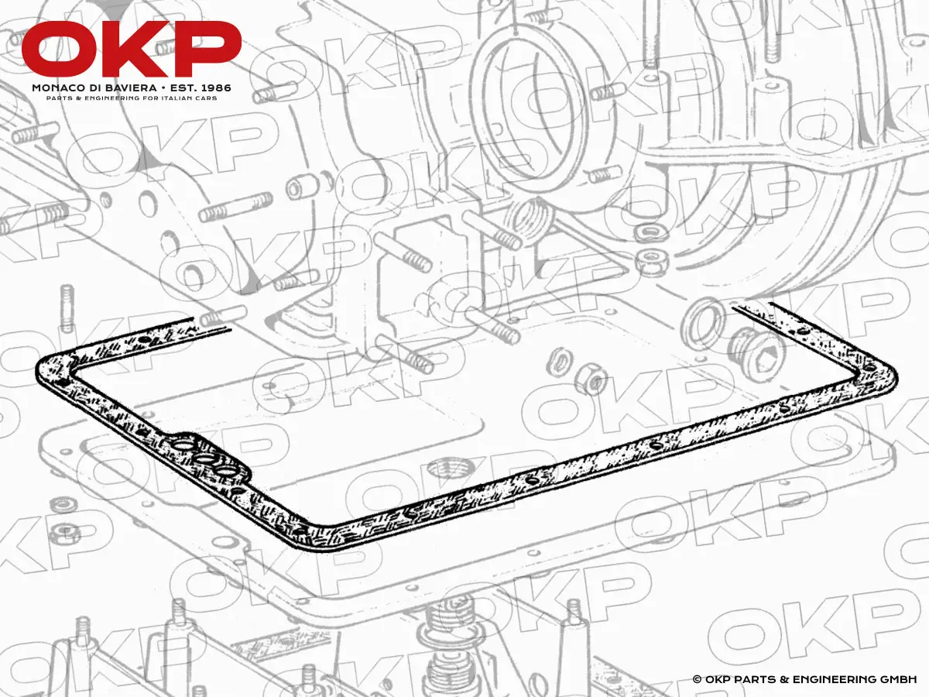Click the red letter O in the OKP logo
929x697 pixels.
click(60, 49)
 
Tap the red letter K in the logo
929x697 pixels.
click(135, 49)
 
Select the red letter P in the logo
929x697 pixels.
click(205, 49)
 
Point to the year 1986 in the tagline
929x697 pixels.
click(215, 88)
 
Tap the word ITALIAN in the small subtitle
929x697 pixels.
click(183, 98)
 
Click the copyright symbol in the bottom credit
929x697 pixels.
click(697, 679)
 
